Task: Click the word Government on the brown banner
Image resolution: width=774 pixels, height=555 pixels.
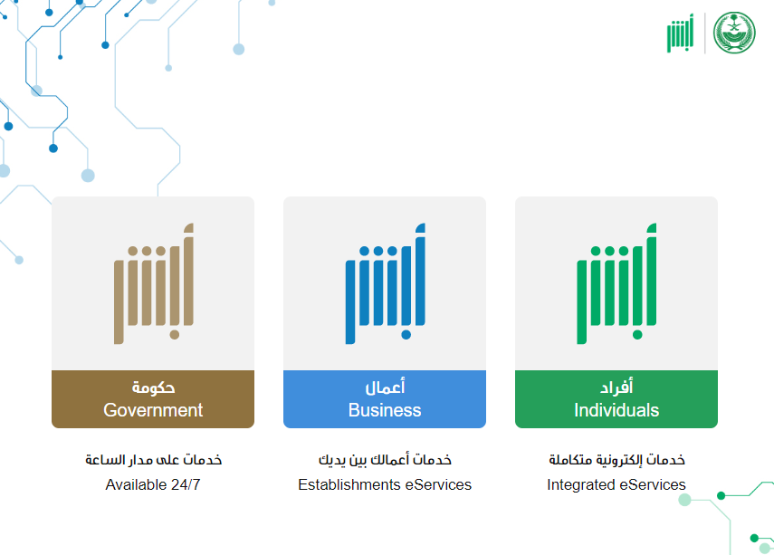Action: coord(153,410)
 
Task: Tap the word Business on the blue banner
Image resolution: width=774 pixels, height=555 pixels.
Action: coord(385,410)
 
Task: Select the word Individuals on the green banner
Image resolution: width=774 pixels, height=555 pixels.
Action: coord(616,410)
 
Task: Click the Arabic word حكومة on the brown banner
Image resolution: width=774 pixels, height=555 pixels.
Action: coord(153,388)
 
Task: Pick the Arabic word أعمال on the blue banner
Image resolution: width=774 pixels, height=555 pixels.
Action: coord(385,388)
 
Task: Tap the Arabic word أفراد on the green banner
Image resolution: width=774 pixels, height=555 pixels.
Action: coord(616,388)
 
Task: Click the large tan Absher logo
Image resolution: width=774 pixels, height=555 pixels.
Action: coord(154,283)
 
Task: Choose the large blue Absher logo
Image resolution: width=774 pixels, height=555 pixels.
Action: coord(385,283)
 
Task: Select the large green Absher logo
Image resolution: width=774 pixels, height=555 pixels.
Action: coord(616,283)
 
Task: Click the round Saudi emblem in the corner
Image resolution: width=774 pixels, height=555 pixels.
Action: coord(734,33)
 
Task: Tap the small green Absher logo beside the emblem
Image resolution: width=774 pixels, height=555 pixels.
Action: coord(680,33)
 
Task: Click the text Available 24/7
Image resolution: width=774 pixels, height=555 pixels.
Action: coord(153,485)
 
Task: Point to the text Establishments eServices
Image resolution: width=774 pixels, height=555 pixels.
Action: coord(385,485)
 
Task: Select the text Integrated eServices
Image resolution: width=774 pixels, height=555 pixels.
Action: coord(616,485)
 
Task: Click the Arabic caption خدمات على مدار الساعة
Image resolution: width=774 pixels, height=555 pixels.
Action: coord(154,460)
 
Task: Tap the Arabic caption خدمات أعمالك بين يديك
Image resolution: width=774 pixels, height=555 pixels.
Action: coord(385,460)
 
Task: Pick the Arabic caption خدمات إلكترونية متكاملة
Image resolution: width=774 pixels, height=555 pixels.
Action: coord(616,460)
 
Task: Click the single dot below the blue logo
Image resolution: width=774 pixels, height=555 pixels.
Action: coord(406,335)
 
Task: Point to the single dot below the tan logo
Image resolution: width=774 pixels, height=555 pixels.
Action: coord(174,335)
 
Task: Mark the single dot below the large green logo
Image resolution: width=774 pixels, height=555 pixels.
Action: coord(637,335)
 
